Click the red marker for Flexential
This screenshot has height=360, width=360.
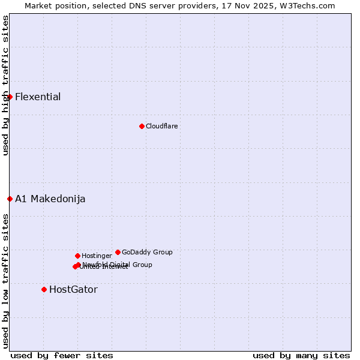tap(10, 97)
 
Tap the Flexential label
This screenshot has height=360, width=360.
tap(38, 97)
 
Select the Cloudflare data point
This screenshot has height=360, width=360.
tap(142, 126)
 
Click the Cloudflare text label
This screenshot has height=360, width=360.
tap(162, 126)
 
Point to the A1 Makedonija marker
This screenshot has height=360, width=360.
tap(10, 199)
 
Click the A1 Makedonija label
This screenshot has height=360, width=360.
tap(50, 199)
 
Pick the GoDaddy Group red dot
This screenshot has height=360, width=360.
tap(118, 252)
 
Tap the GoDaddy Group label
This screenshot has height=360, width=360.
tap(147, 252)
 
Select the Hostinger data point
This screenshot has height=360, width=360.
tap(77, 256)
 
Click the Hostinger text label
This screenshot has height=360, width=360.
tap(97, 256)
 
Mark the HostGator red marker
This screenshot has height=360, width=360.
tap(44, 289)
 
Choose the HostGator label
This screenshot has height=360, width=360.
tap(73, 290)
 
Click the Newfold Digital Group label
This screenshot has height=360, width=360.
tap(118, 264)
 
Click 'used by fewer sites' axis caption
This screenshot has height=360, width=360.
tap(62, 355)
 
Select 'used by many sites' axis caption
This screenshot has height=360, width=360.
tap(301, 355)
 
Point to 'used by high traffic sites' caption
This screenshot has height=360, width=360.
tap(5, 85)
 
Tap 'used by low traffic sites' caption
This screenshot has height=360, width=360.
tap(5, 281)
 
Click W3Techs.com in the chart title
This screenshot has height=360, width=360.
tap(310, 6)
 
